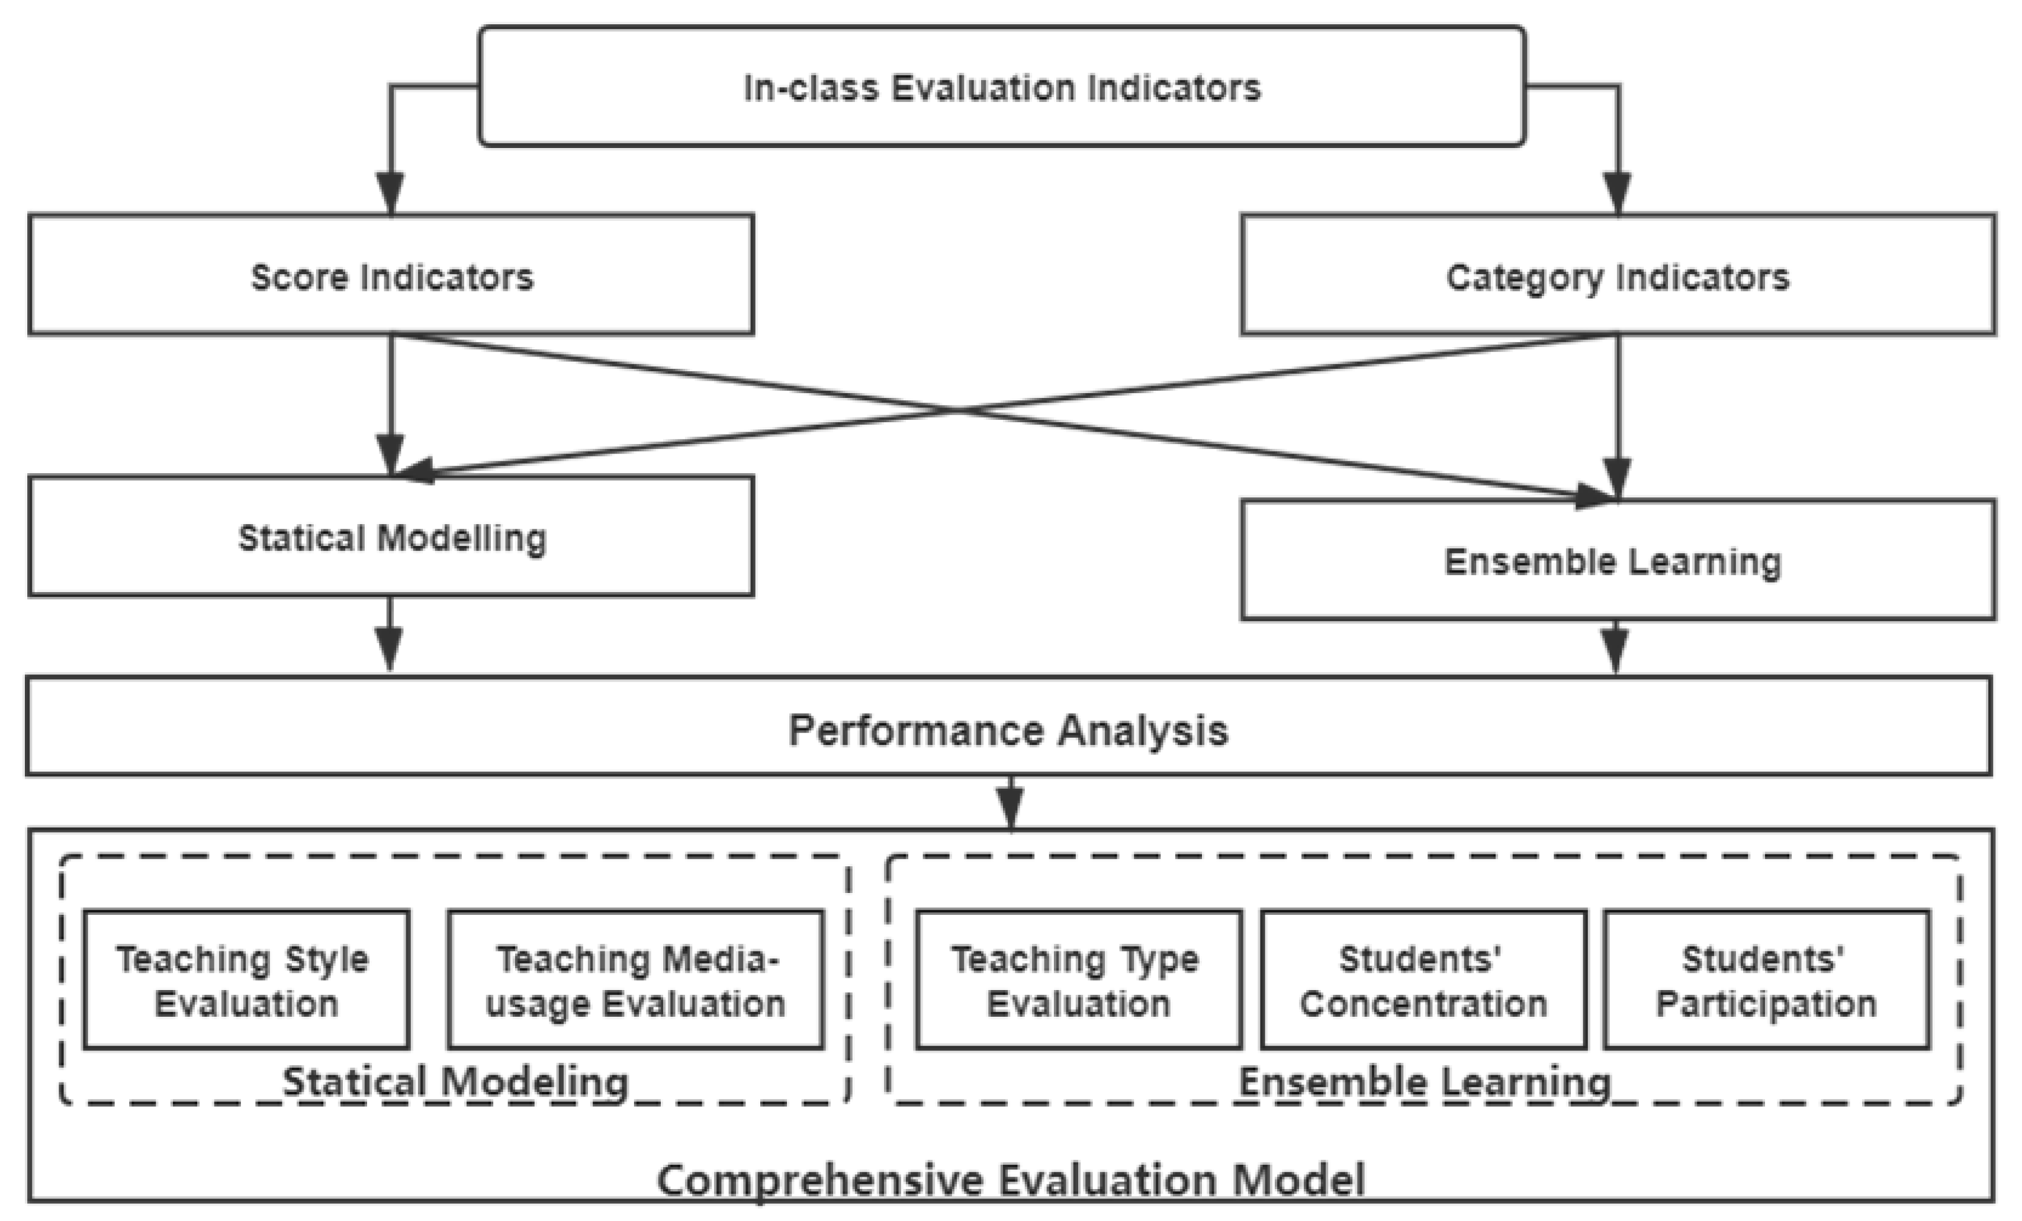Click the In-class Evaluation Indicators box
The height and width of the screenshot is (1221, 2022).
point(1001,87)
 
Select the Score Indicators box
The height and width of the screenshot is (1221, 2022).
point(391,276)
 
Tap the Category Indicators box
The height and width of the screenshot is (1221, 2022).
point(1618,276)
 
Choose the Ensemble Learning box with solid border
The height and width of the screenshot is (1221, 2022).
point(1618,560)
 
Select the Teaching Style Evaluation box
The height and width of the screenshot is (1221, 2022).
point(246,980)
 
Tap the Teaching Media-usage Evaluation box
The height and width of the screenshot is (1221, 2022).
point(635,980)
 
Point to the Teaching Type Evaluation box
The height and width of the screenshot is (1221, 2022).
point(1078,980)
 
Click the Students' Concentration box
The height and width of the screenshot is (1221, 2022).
point(1423,980)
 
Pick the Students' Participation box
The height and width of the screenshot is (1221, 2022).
point(1766,980)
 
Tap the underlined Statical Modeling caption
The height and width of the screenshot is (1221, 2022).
point(455,1081)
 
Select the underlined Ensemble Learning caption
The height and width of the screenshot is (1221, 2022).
point(1425,1081)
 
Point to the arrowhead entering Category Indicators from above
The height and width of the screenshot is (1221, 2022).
point(1618,193)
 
